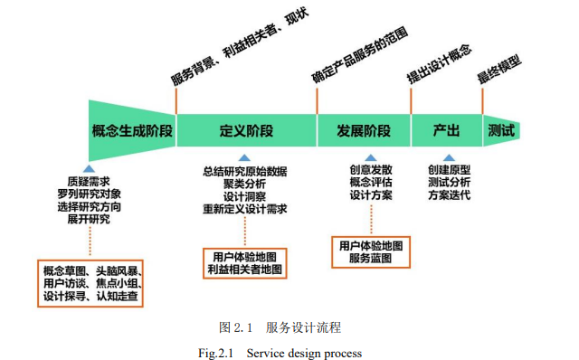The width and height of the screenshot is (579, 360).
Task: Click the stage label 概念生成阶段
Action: (x=132, y=130)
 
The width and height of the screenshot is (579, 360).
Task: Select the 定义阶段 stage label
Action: (x=246, y=130)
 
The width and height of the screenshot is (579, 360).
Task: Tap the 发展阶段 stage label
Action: (x=364, y=130)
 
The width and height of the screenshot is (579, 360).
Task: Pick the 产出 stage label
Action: (x=447, y=130)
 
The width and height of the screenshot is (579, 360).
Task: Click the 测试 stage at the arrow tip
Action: (x=501, y=130)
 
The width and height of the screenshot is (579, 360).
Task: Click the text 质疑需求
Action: (x=89, y=180)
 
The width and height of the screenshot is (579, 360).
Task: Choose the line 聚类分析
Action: (x=245, y=184)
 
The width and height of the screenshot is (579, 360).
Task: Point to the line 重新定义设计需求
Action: (x=245, y=209)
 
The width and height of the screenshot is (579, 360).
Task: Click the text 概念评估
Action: (x=371, y=182)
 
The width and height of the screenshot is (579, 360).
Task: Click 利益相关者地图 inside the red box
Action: (x=245, y=269)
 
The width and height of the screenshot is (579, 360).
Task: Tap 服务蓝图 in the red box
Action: (x=371, y=259)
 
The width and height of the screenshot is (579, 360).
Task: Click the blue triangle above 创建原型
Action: (x=449, y=157)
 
